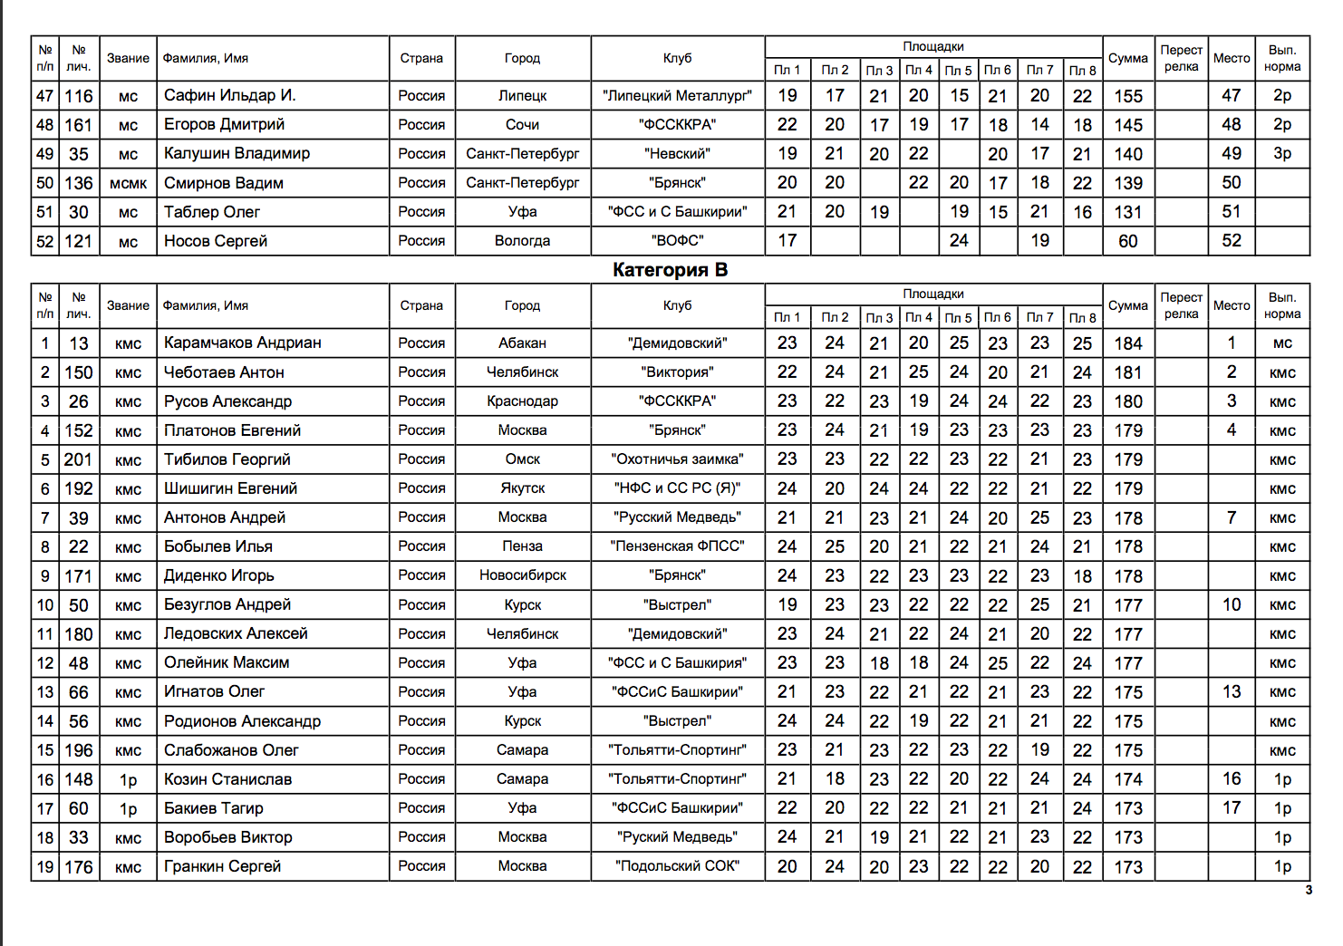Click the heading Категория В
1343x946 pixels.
(670, 270)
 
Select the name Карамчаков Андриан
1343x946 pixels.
(242, 343)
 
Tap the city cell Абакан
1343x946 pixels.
(522, 343)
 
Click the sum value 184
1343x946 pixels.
(1127, 343)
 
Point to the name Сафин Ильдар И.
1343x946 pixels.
(229, 96)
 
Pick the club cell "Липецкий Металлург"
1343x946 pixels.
(677, 96)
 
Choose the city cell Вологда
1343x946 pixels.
(522, 241)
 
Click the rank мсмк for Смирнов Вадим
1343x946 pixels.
(128, 183)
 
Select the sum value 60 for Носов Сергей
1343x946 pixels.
(1127, 241)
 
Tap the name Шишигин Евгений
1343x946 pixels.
(230, 488)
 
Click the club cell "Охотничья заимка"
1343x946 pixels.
(677, 459)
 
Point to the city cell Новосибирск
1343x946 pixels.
(522, 575)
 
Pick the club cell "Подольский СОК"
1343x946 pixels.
(677, 866)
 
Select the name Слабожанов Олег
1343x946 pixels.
(231, 750)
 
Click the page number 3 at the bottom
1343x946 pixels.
(1308, 890)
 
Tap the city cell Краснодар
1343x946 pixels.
(522, 401)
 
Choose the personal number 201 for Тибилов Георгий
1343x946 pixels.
(78, 459)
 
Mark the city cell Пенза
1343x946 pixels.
(522, 546)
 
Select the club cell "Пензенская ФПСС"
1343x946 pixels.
(677, 546)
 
